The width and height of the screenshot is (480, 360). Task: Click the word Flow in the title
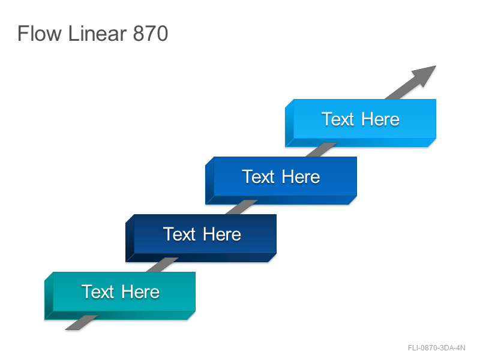coord(40,33)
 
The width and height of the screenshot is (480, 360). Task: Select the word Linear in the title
coord(97,33)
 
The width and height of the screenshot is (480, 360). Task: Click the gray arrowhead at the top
coord(424,75)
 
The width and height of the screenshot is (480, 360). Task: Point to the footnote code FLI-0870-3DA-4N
coord(437,348)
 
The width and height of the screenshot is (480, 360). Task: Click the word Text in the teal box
coord(98,292)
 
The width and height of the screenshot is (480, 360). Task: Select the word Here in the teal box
coord(140,292)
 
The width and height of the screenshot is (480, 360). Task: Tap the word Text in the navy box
coord(179,234)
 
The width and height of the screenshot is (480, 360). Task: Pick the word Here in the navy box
coord(222,234)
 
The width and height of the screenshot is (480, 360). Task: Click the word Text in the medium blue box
coord(258,176)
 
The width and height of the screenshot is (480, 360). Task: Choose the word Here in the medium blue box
coord(301,176)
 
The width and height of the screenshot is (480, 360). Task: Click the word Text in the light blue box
coord(338,119)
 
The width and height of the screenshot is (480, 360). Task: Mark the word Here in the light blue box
coord(380,119)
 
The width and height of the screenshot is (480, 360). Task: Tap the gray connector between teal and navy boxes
coord(163,265)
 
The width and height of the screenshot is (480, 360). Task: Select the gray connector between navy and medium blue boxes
coord(242,207)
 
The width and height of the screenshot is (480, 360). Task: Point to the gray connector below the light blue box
coord(322,149)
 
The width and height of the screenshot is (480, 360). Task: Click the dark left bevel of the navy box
coord(130,238)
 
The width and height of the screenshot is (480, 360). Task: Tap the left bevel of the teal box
coord(49,296)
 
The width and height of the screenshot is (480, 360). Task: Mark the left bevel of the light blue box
coord(289,123)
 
